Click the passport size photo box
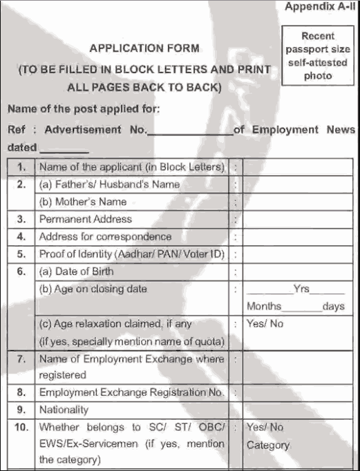click(318, 56)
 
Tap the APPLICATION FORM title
click(144, 48)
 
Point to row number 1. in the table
click(22, 167)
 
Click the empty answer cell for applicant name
click(299, 167)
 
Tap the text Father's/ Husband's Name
click(109, 184)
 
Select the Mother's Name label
click(82, 202)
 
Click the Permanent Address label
click(85, 219)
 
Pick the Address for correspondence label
click(105, 236)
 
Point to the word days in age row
click(333, 307)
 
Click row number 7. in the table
click(22, 359)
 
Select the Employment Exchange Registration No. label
click(131, 392)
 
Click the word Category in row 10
click(268, 445)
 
